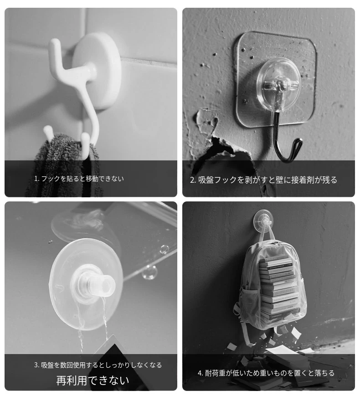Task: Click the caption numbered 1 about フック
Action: pyautogui.click(x=79, y=179)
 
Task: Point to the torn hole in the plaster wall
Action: pyautogui.click(x=222, y=152)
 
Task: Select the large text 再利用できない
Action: pyautogui.click(x=93, y=381)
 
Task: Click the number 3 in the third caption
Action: pyautogui.click(x=36, y=365)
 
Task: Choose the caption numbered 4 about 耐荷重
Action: pyautogui.click(x=266, y=373)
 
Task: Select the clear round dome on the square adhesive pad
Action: pyautogui.click(x=278, y=85)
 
